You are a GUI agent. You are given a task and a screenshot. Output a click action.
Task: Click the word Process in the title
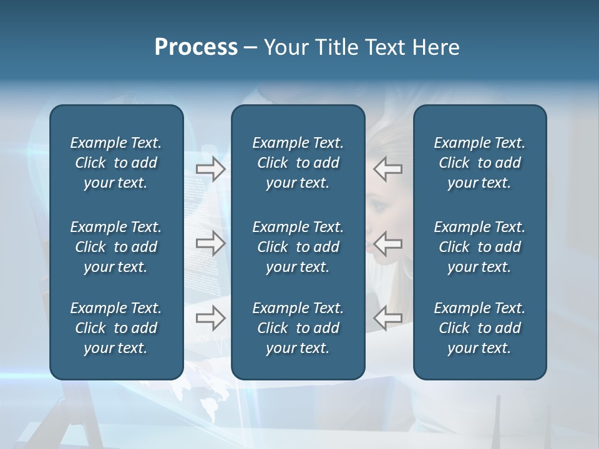[x=196, y=47]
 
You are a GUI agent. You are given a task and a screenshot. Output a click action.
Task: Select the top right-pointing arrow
[x=211, y=169]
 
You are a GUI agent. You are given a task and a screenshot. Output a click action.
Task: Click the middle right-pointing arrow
[x=211, y=243]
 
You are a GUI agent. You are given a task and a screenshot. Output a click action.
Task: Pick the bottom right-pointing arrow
[x=211, y=318]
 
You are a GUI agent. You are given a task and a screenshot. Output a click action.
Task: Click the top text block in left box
[x=116, y=163]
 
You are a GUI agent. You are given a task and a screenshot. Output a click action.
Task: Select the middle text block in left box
[x=116, y=247]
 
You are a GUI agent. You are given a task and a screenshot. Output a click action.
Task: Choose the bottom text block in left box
[x=116, y=328]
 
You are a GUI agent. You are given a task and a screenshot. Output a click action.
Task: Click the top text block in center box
[x=298, y=163]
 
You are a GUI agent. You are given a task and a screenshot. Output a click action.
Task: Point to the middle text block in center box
[x=298, y=247]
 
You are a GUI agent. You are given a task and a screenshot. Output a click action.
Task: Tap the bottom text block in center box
[x=298, y=328]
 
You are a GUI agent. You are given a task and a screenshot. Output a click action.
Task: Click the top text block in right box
[x=479, y=163]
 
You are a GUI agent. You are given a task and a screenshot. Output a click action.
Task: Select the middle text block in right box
[x=479, y=247]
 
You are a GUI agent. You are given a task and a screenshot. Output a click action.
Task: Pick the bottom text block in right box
[x=479, y=328]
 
